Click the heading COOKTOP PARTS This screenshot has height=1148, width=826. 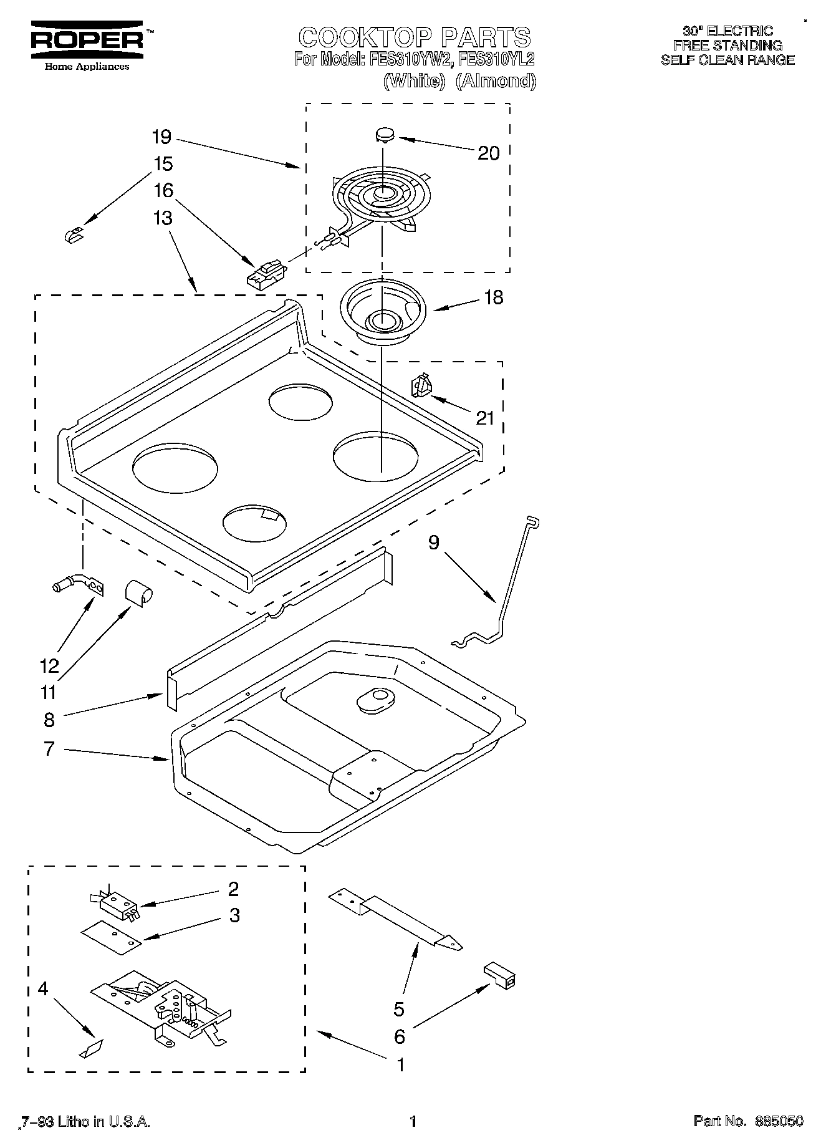coord(415,37)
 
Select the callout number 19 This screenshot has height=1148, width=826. coord(161,137)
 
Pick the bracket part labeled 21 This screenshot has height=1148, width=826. coord(422,385)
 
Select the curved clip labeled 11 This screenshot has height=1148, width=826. coord(139,592)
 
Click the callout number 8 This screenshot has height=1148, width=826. coord(49,720)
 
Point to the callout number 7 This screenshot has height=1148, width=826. coord(49,748)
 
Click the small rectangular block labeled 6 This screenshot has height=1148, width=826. coord(500,974)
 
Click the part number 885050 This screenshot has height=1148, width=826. coord(779,1121)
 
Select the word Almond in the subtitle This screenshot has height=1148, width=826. coord(496,81)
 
